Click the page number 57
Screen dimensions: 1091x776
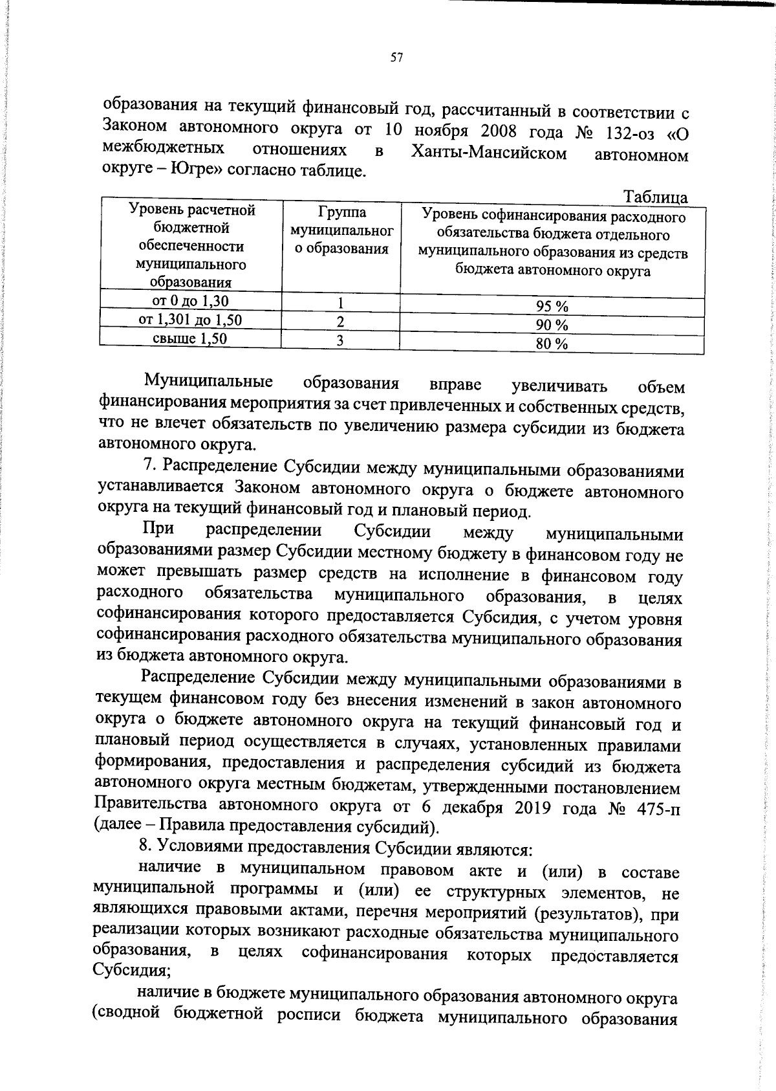397,58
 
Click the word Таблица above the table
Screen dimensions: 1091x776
655,197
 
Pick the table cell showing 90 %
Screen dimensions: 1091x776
552,325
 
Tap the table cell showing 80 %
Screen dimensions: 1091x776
552,344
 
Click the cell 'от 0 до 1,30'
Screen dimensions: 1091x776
190,301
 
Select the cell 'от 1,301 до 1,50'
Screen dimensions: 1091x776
190,320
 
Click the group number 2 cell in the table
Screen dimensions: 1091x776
340,322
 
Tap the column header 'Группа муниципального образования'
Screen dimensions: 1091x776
341,230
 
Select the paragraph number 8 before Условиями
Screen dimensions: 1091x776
145,846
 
